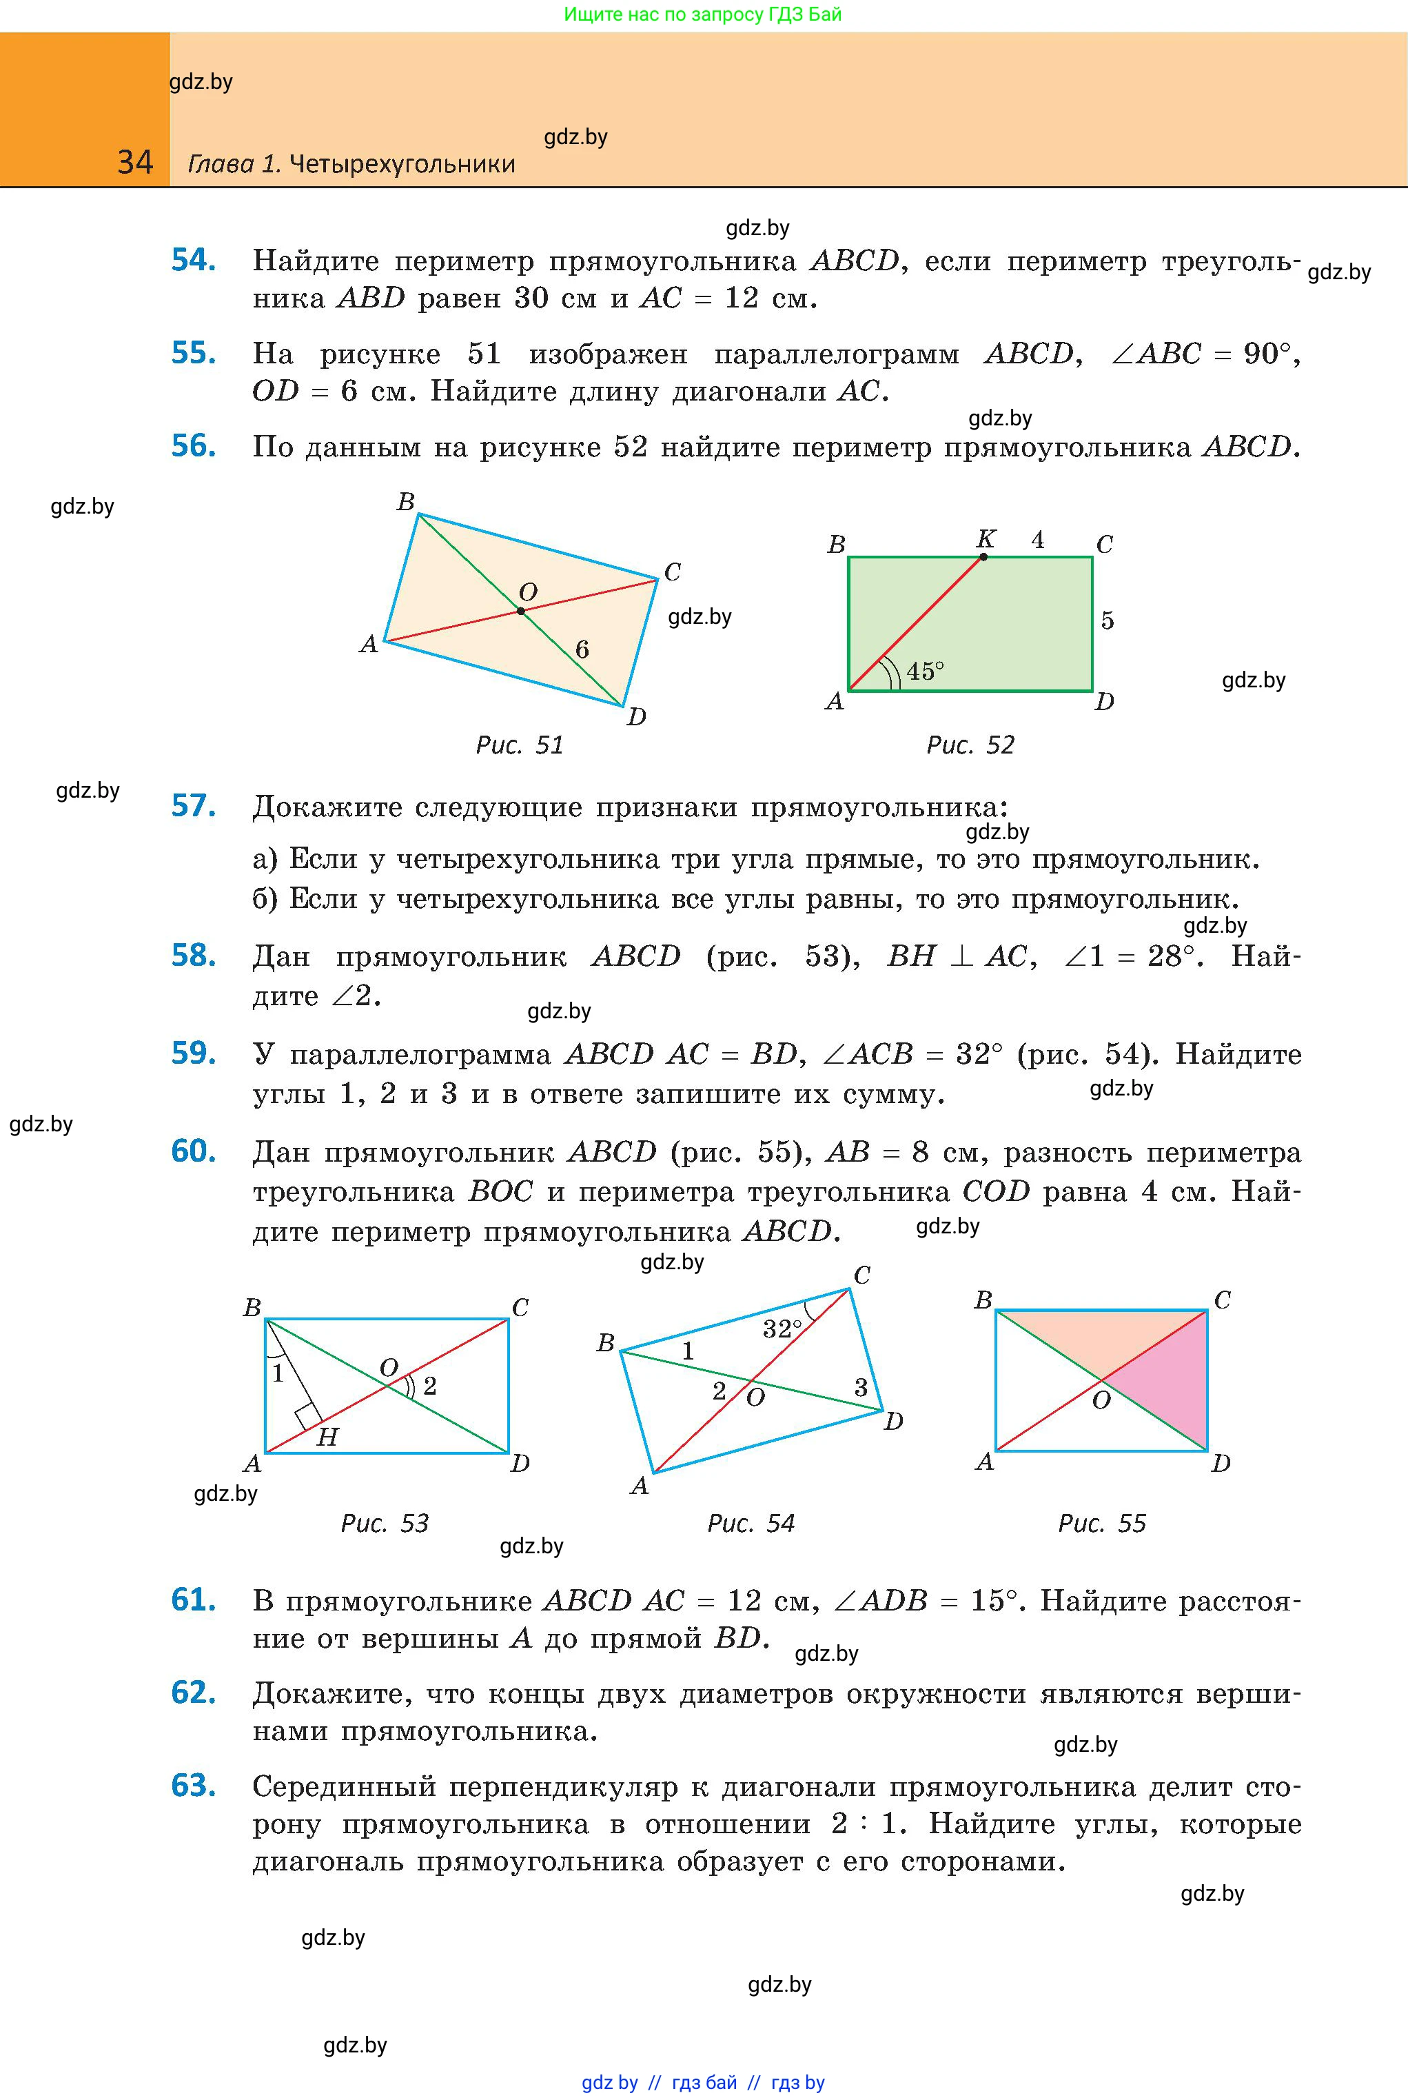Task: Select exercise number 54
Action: coord(193,260)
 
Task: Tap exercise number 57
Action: coord(193,806)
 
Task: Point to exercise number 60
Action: coord(193,1151)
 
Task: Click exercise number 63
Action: coord(193,1785)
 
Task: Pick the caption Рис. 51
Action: coord(519,745)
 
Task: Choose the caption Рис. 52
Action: coord(970,745)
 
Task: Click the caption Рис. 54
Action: coord(751,1522)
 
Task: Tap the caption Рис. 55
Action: coord(1102,1522)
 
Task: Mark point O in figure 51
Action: coord(521,611)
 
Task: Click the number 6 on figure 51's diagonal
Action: coord(582,649)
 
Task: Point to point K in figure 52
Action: coord(983,557)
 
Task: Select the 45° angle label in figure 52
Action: coord(925,671)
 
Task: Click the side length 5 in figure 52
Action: coord(1108,620)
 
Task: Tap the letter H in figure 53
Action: coord(328,1437)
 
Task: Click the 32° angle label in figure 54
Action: coord(782,1329)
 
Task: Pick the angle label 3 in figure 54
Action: coord(860,1388)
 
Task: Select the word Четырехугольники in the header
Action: coord(402,163)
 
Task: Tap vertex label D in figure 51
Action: coord(637,716)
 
